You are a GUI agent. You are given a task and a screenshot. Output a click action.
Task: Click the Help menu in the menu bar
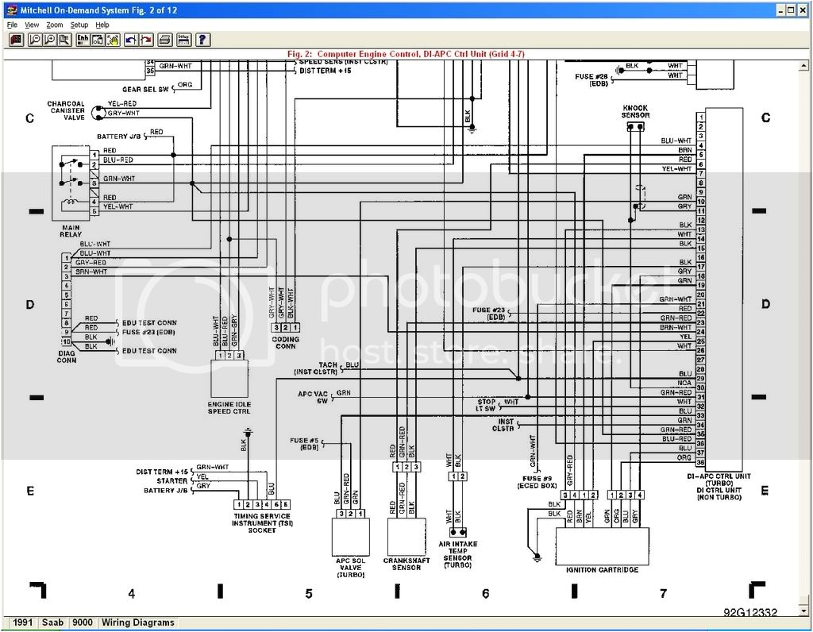point(102,25)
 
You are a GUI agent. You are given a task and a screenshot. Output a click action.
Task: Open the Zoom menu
point(54,25)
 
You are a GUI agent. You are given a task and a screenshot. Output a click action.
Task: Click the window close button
point(803,10)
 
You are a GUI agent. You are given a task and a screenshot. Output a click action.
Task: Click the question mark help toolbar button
point(203,39)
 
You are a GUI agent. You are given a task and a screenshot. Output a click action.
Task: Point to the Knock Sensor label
point(635,111)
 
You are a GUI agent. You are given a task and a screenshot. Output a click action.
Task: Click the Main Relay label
point(70,232)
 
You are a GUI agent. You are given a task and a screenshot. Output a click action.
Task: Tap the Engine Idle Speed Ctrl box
point(229,378)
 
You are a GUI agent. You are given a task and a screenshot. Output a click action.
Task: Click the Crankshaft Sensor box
point(406,537)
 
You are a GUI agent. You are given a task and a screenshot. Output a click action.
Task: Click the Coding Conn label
point(286,342)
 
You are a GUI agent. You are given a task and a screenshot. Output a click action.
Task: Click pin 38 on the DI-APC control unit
point(700,462)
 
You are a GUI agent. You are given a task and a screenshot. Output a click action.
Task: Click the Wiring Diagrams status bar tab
point(137,622)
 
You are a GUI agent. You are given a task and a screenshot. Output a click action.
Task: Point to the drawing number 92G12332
point(749,612)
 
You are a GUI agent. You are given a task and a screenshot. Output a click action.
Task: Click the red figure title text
point(406,54)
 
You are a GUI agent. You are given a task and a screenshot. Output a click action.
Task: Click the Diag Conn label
point(67,356)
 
